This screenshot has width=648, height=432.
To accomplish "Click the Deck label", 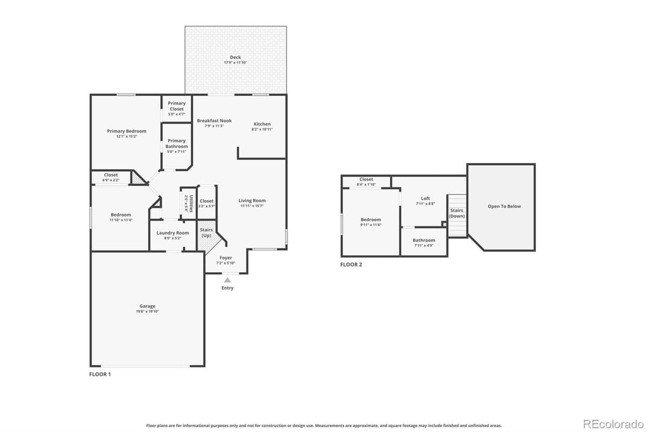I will point(235,57).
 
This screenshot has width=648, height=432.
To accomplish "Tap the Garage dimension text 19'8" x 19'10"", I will point(147,312).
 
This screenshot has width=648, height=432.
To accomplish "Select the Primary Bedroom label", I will point(126,131).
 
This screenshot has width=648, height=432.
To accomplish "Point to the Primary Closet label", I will point(177,106).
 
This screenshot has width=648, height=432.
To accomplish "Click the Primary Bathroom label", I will point(177,144).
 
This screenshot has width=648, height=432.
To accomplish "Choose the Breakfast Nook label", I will point(214,121).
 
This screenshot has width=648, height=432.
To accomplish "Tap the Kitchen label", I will point(262,124).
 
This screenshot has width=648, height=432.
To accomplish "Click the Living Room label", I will point(252,201).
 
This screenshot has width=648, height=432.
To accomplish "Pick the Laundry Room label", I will point(173,233).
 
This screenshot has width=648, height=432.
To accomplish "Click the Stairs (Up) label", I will point(206,233).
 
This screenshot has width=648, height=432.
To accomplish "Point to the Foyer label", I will point(226,258).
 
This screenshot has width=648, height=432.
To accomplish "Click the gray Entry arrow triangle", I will point(227,280).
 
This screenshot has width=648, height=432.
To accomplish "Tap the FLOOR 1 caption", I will point(100,374).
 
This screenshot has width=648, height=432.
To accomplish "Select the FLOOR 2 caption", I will point(351,265).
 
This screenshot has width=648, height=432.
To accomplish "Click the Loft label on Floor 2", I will point(426,199).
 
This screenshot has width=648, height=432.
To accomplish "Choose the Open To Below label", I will point(504,206).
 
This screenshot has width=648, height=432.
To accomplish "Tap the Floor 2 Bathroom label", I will point(424,240).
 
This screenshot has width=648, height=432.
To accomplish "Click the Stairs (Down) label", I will point(457,213).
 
